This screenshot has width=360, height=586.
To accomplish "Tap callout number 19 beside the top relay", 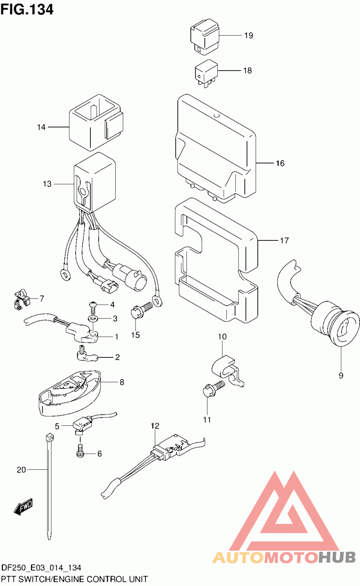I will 249,36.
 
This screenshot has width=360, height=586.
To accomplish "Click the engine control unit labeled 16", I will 214,149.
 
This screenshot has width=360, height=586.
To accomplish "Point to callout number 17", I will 283,241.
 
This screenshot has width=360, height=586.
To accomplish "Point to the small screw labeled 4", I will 93,306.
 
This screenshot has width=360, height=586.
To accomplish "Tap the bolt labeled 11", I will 211,388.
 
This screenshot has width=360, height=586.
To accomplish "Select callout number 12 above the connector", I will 155,425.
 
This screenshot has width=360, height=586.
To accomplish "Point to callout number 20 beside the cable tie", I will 22,470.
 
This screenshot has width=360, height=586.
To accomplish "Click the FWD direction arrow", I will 23,507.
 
